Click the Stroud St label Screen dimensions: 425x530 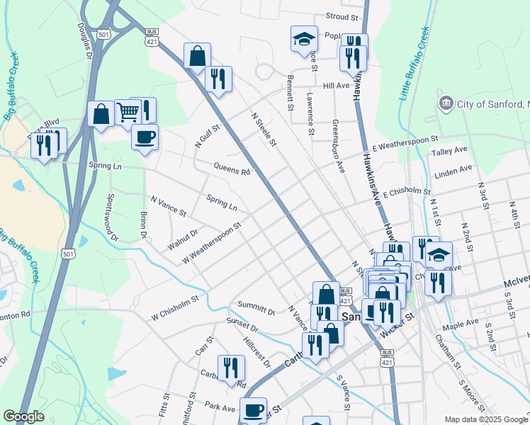[342, 16]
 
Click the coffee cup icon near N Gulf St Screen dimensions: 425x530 [145, 137]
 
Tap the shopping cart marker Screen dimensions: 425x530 [128, 111]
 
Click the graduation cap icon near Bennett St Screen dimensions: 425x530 [304, 38]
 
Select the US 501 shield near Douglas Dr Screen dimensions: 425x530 [103, 34]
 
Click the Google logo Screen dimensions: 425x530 [23, 416]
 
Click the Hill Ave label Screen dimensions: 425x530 [336, 86]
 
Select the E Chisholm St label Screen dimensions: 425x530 [407, 193]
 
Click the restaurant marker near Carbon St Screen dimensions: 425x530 [231, 368]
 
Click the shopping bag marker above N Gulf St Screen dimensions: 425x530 [197, 56]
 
